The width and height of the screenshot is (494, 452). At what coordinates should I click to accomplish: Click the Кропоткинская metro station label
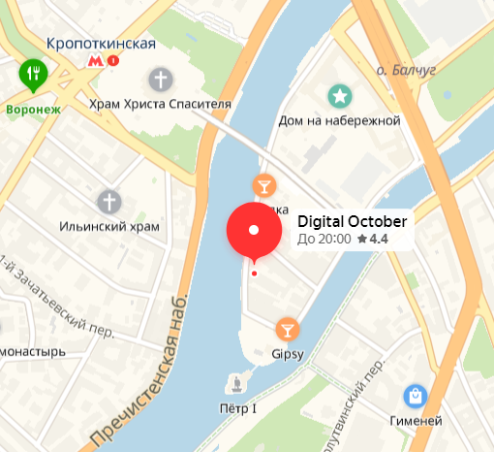tap(101, 44)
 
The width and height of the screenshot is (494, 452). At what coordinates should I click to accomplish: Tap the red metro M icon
tap(95, 61)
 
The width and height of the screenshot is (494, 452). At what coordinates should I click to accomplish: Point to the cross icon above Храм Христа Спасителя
tap(160, 80)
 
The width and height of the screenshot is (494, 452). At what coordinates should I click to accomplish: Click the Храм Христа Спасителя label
tap(160, 103)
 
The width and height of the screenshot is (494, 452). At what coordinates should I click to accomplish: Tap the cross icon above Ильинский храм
tap(109, 203)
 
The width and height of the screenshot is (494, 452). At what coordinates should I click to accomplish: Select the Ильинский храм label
tap(109, 226)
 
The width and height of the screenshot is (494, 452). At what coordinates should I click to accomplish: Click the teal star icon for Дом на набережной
tap(339, 96)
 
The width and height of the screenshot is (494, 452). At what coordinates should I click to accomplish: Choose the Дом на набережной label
tap(339, 120)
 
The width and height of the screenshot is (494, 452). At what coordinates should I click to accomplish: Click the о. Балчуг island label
tap(407, 70)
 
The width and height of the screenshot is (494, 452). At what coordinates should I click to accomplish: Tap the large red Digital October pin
tap(254, 231)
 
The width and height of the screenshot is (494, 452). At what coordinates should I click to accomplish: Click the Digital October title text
tap(352, 220)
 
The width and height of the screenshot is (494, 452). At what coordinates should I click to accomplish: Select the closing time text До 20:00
tap(324, 239)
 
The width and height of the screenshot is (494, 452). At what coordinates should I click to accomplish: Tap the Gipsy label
tap(288, 353)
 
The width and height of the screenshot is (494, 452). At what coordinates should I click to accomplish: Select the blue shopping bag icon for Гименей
tap(415, 396)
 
